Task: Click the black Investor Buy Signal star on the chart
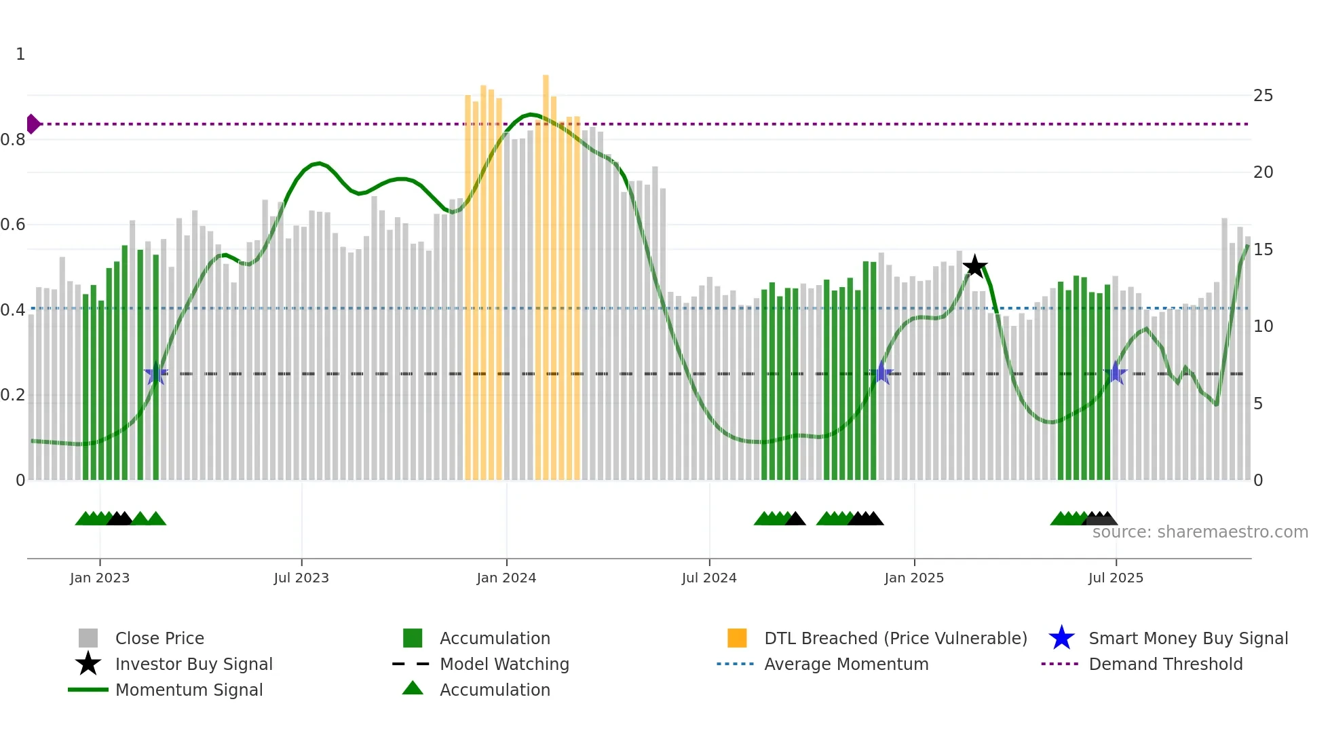974,266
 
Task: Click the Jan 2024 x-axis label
506,578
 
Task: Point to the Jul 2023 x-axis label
301,578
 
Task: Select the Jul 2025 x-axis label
1116,578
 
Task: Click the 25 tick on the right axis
1263,96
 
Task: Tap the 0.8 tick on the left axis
13,140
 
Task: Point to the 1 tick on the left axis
20,54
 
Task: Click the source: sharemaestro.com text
1200,532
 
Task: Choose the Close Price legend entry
159,639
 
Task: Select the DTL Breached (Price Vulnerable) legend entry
895,639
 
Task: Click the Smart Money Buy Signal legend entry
1187,639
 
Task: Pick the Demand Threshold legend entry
1165,665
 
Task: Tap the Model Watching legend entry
503,665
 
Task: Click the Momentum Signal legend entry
189,690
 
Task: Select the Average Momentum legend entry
845,665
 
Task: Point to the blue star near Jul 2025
1115,373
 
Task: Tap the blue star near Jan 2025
881,373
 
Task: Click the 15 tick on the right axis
1263,250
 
